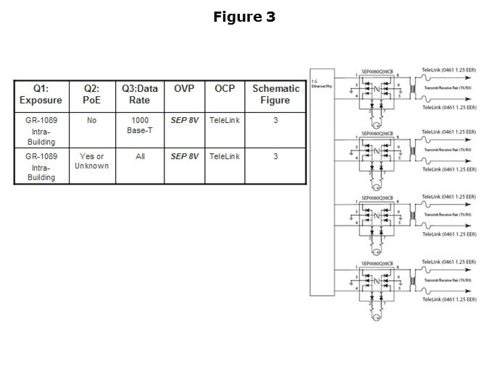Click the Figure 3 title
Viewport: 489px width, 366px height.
coord(244,17)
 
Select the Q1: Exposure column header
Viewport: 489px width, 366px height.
coord(42,95)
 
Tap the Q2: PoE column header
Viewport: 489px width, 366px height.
coord(91,95)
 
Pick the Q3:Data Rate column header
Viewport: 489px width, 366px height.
coord(140,95)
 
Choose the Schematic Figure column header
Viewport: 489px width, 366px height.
coord(275,95)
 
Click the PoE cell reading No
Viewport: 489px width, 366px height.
coord(91,120)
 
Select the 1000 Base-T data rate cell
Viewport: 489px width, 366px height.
coord(140,126)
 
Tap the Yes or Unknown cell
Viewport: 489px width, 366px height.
coord(91,161)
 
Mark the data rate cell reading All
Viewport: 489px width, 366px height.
coord(140,156)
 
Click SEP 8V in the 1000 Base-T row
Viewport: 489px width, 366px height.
coord(184,120)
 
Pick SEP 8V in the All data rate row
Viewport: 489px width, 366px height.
coord(184,156)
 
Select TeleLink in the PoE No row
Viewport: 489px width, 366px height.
coord(225,120)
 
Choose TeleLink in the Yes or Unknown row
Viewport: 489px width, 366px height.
coord(225,156)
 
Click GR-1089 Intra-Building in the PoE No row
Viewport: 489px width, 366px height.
coord(42,131)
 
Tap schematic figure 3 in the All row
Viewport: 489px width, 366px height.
coord(275,156)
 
